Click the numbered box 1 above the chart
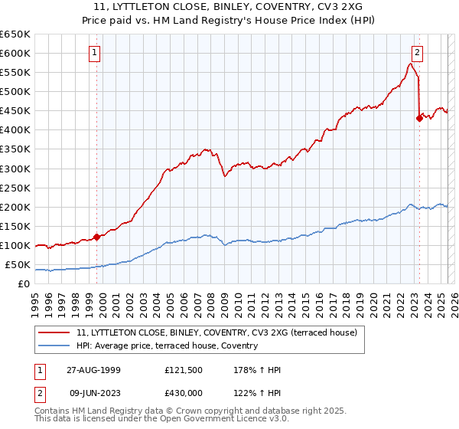(x=94, y=53)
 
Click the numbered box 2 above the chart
(x=417, y=53)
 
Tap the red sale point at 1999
(x=97, y=237)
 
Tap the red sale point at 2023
(x=419, y=118)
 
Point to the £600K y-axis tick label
(x=15, y=53)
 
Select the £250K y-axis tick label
(x=15, y=188)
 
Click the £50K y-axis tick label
(x=18, y=265)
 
